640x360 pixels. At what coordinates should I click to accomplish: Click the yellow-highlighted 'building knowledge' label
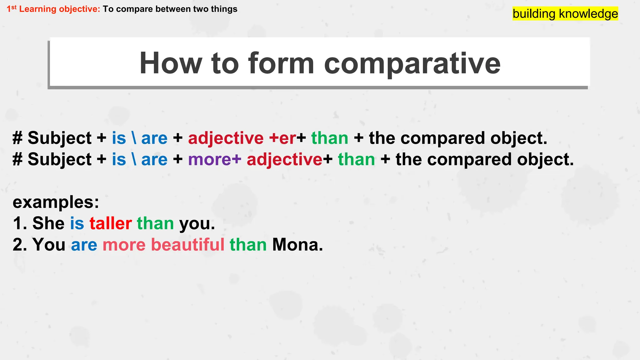click(x=565, y=14)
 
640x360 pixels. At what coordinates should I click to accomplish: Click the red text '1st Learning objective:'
click(x=53, y=9)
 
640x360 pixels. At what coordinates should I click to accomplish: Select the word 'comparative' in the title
click(x=412, y=63)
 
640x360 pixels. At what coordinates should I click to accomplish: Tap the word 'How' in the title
click(x=171, y=63)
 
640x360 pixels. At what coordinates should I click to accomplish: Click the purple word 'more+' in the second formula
click(x=214, y=159)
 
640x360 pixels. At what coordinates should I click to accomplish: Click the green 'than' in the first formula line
click(x=330, y=138)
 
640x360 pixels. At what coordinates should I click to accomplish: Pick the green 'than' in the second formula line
click(x=356, y=159)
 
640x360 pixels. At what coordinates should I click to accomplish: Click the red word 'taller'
click(x=111, y=223)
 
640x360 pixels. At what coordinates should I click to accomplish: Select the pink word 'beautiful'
click(x=187, y=244)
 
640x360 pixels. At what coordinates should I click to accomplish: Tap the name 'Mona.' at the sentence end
click(x=297, y=244)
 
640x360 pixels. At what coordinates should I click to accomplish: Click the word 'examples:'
click(x=56, y=202)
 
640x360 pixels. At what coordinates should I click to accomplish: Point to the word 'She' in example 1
click(x=48, y=223)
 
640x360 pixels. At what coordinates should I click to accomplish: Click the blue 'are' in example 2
click(x=84, y=245)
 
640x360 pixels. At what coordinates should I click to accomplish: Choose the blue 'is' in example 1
click(x=77, y=223)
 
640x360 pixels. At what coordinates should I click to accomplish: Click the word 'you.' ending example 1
click(x=197, y=224)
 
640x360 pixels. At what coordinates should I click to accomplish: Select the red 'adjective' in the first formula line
click(x=226, y=138)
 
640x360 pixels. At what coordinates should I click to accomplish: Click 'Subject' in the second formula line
click(x=60, y=159)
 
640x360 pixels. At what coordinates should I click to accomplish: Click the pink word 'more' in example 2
click(x=124, y=245)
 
